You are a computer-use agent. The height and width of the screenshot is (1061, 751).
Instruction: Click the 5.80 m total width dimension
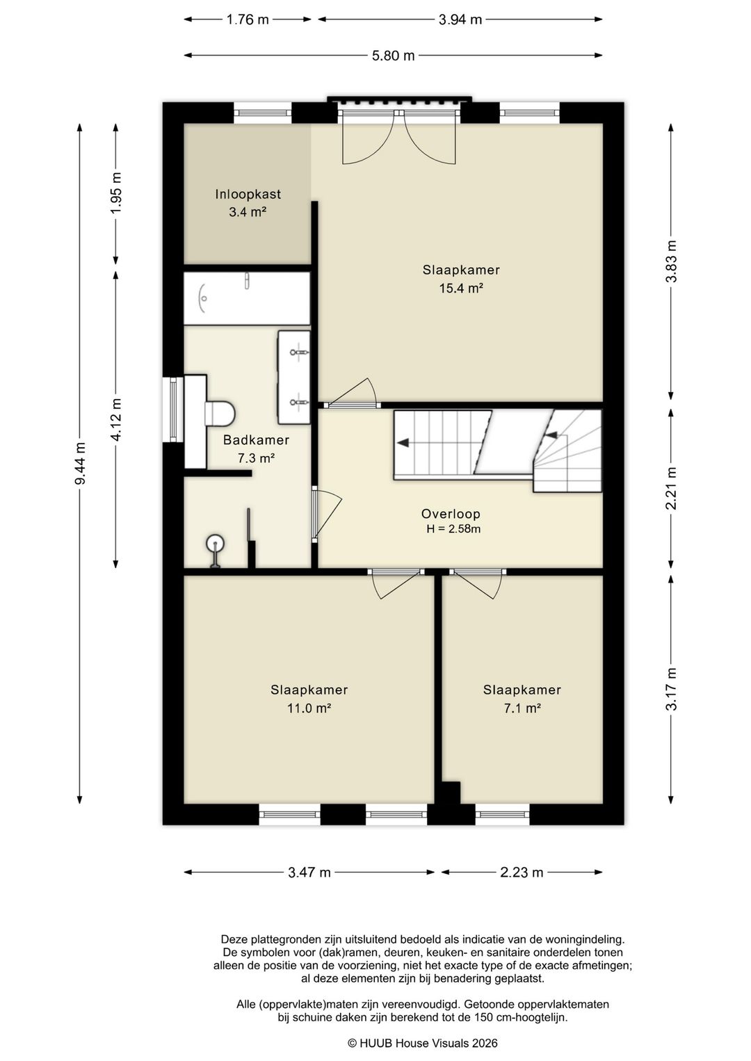tap(394, 56)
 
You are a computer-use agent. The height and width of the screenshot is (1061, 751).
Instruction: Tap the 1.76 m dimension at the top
tap(248, 20)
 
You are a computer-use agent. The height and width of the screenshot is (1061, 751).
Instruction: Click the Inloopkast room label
tap(248, 194)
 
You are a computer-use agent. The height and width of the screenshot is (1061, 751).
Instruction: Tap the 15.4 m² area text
tap(461, 288)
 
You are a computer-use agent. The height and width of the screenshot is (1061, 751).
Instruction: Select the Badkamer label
tap(257, 440)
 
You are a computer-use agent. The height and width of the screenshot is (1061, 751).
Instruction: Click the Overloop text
tap(451, 514)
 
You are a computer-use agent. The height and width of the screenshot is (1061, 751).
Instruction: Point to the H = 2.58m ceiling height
tap(453, 529)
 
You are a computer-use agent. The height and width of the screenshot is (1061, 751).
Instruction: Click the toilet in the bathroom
tap(219, 414)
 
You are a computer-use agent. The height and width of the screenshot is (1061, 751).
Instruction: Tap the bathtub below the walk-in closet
tap(247, 298)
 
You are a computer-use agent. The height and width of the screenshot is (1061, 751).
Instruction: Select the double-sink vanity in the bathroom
tap(293, 377)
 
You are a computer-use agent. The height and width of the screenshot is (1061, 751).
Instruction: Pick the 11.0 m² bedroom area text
tap(309, 708)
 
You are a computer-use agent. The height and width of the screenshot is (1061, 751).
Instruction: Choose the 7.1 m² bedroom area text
tap(522, 708)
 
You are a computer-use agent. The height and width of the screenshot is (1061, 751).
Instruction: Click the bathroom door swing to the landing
tap(327, 514)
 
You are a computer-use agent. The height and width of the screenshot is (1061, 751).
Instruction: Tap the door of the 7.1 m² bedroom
tap(478, 584)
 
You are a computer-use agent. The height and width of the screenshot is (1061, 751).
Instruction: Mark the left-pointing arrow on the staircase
tap(403, 443)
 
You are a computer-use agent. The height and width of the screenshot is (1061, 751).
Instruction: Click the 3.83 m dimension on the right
tap(672, 261)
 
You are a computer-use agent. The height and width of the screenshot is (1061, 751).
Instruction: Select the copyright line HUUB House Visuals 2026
tap(423, 1044)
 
